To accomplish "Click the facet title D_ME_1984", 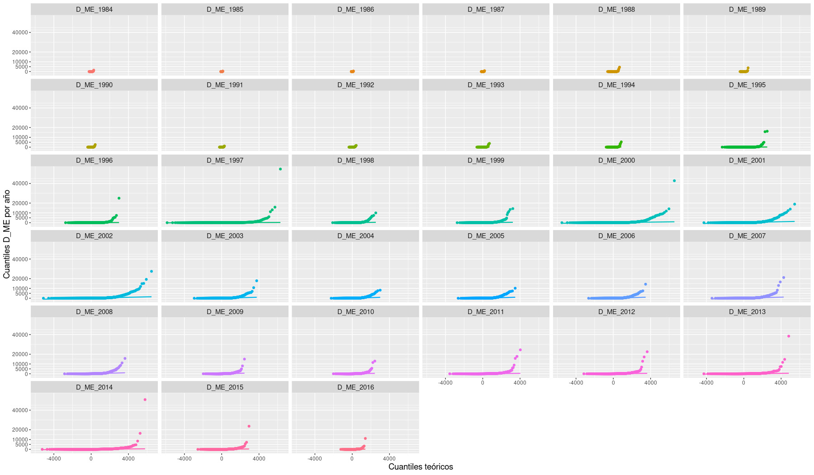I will coord(94,9).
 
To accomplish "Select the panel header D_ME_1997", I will coord(225,160).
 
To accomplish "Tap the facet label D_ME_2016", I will coord(355,387).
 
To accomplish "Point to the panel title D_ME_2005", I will coord(486,236).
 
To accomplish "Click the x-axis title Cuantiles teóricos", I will coord(421,467).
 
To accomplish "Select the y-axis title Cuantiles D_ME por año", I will coord(7,234).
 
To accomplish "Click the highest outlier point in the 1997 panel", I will coord(280,169).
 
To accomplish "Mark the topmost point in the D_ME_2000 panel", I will coord(674,181).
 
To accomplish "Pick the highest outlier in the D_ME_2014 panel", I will coord(145,400).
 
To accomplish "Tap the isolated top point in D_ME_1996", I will coord(119,198).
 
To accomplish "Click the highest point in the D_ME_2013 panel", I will coord(789,336).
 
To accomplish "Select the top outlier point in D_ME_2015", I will coord(249,426).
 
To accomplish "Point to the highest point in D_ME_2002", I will coord(151,271).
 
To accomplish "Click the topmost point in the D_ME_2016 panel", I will coord(365,438).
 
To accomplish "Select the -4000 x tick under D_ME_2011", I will coord(445,383).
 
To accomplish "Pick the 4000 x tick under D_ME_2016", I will coord(389,458).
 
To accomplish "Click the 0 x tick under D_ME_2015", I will coord(222,458).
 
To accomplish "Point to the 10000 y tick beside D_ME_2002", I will coord(20,288).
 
